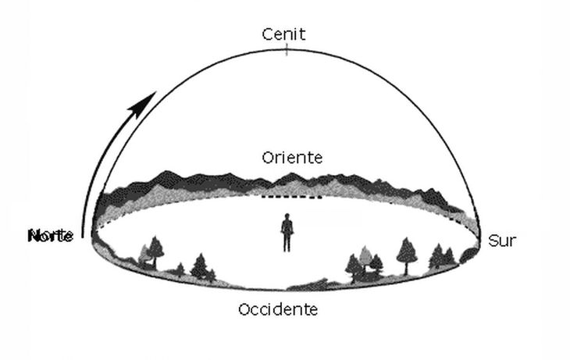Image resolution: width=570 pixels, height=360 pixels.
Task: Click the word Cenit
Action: point(285,34)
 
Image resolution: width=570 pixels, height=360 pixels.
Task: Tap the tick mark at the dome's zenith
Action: point(287,50)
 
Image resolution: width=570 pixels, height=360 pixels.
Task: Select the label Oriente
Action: point(293,158)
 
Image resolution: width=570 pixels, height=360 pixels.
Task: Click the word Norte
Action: point(52,235)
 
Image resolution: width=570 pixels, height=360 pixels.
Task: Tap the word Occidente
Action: point(278,309)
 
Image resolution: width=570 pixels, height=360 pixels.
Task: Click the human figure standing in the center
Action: point(287,233)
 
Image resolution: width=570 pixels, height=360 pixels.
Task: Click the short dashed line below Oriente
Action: point(292,197)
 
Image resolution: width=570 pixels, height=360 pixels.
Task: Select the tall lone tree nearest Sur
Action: point(406,254)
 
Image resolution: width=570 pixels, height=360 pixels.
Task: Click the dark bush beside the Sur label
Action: point(469,255)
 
